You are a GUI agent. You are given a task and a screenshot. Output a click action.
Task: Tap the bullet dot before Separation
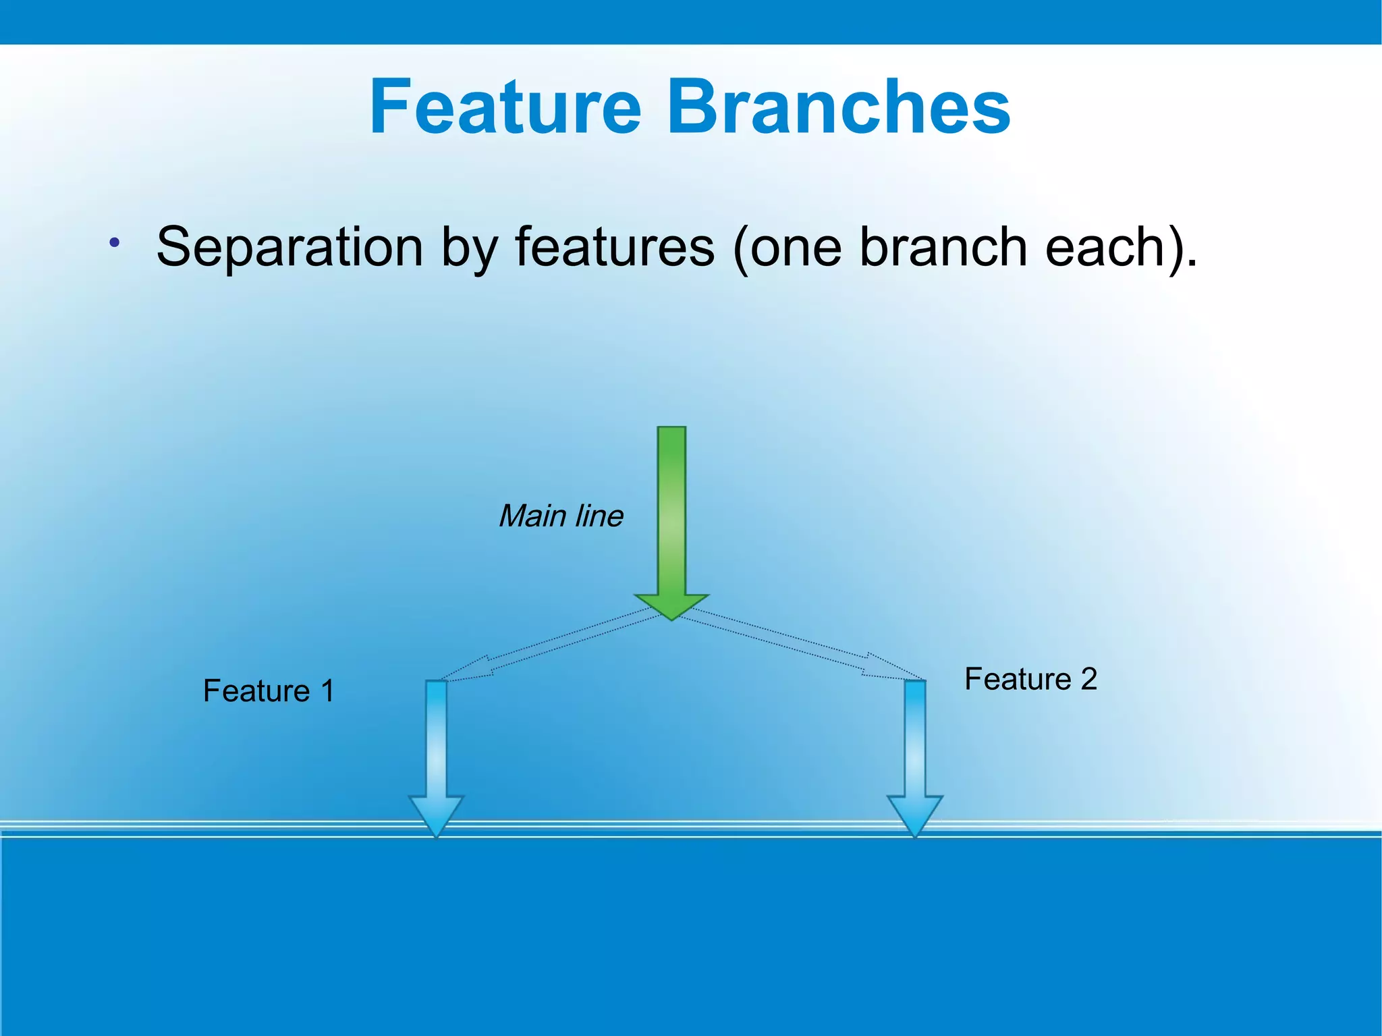[x=115, y=242]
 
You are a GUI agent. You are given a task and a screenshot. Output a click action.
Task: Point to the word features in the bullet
[x=614, y=247]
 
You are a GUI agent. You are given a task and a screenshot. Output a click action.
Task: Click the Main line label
[x=561, y=516]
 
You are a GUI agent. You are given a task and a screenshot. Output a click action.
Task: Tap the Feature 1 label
[x=269, y=691]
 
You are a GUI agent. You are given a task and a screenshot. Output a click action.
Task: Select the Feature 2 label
[x=1030, y=679]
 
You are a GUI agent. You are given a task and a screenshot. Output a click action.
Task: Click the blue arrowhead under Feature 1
[x=437, y=815]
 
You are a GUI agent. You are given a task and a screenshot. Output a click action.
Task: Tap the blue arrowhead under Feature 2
[x=915, y=815]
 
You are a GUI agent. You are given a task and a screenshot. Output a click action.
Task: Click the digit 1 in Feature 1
[x=328, y=691]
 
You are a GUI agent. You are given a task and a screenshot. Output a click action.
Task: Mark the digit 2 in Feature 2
[x=1088, y=679]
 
